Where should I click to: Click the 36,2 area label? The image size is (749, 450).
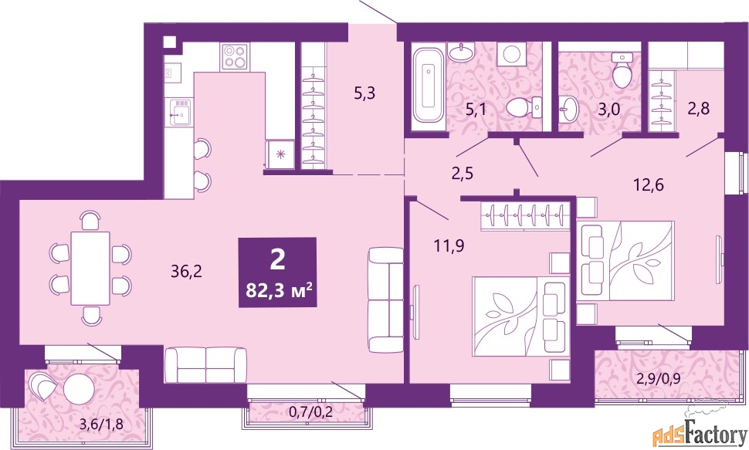tap(186, 272)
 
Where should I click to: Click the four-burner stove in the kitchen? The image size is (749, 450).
tap(235, 57)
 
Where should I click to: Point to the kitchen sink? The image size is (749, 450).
tap(180, 112)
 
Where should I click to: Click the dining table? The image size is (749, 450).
tap(91, 268)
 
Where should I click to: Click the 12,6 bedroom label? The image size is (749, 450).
tap(648, 184)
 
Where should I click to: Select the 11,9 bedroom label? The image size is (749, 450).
tap(449, 246)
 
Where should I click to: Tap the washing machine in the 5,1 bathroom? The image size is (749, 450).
tap(512, 53)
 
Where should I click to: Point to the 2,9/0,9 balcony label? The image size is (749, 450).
tap(658, 379)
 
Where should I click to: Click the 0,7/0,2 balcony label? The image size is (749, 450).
tap(311, 411)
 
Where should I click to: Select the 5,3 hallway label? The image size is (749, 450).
tap(364, 93)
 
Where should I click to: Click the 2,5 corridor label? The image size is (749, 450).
tap(462, 173)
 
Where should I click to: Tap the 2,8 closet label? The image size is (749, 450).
tap(698, 108)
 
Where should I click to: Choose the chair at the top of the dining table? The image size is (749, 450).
tap(91, 221)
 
